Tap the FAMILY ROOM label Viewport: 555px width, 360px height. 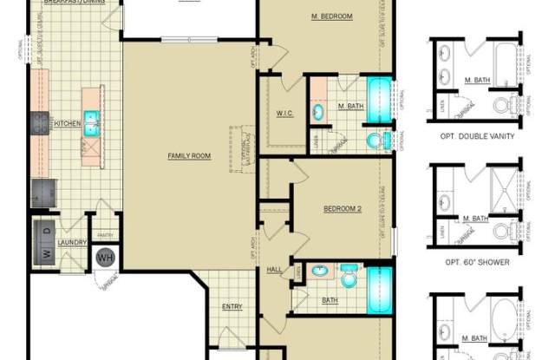click(189, 156)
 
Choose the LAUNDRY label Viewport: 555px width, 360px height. click(72, 243)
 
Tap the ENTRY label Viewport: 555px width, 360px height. click(232, 306)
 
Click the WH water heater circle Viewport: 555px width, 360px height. click(105, 258)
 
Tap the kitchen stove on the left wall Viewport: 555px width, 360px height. click(39, 123)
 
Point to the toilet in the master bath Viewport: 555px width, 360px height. click(376, 140)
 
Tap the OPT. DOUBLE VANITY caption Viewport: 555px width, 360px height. click(479, 136)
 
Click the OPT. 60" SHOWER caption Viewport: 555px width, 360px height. click(477, 261)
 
